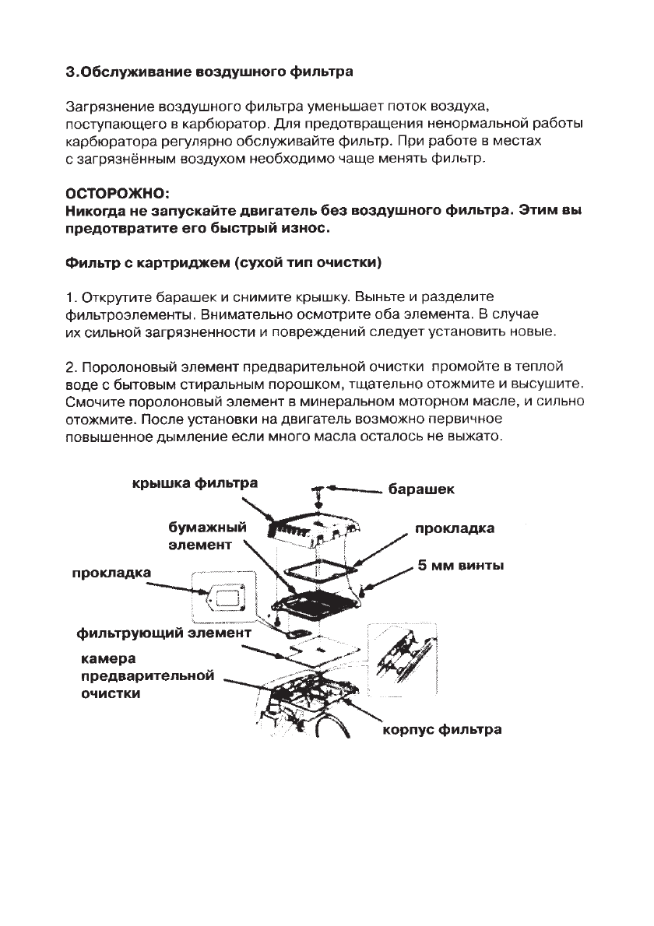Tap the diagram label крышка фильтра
tap(193, 483)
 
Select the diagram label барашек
tap(420, 490)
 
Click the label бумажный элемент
tap(207, 536)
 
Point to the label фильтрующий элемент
tap(163, 633)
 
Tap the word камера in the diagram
tap(109, 658)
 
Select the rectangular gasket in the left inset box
tap(228, 598)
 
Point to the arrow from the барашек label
tap(355, 489)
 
